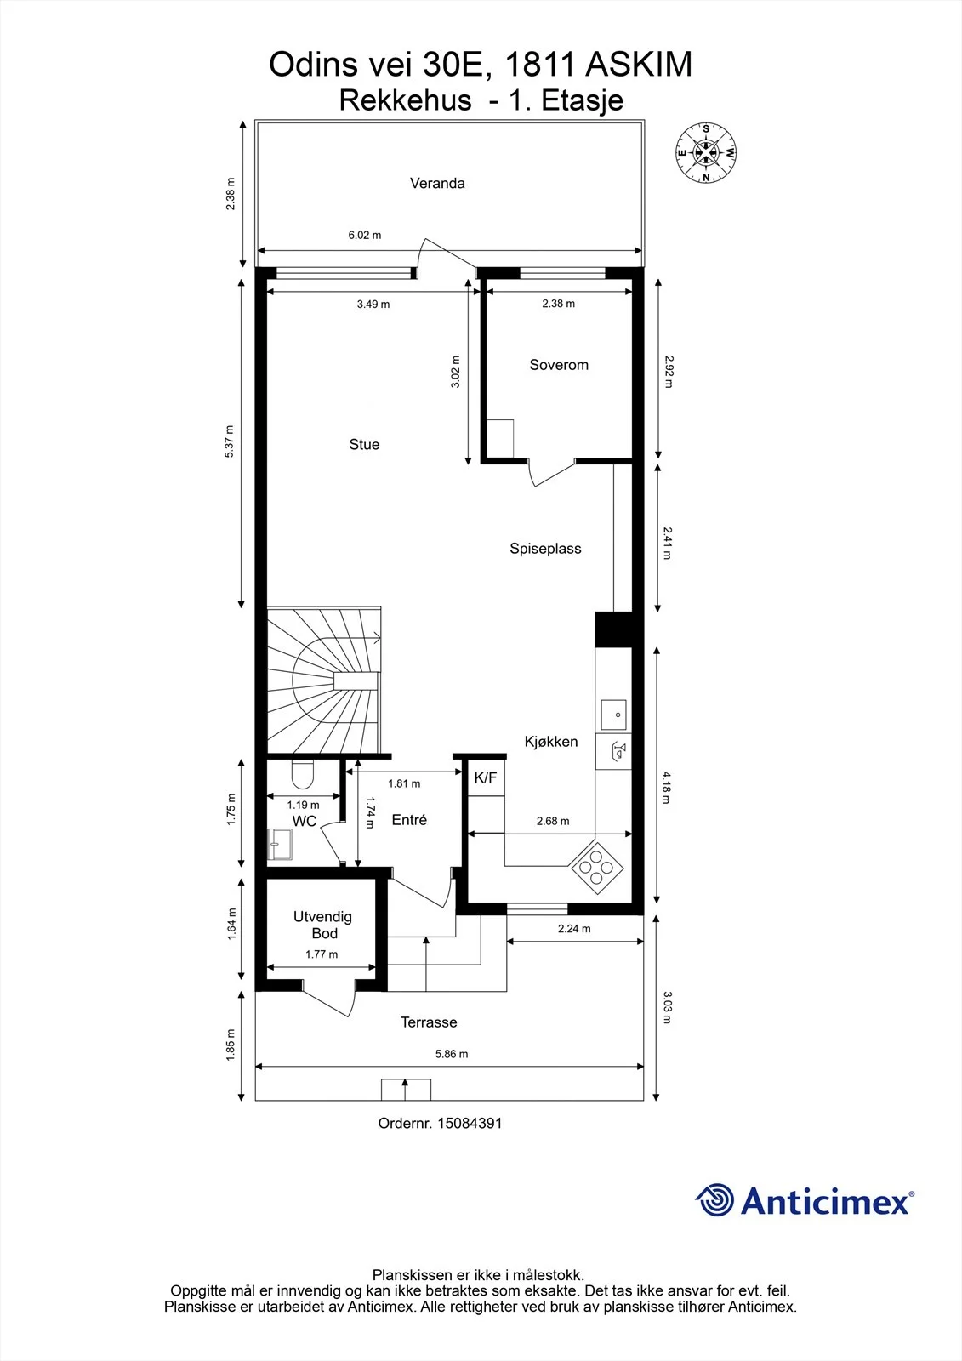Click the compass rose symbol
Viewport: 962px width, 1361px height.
(705, 153)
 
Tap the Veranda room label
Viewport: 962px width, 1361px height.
(437, 184)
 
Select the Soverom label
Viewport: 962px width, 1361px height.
(559, 365)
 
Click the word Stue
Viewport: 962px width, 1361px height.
(364, 445)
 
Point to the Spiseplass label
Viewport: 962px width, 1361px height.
(545, 549)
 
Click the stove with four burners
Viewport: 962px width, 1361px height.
(596, 868)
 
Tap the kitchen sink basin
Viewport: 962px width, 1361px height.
(613, 715)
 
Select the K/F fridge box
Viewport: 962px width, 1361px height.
(486, 777)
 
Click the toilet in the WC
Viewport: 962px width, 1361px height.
(302, 773)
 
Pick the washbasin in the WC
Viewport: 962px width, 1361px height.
(280, 844)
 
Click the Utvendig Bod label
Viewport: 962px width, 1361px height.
(322, 925)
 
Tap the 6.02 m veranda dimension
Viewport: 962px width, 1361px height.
(365, 235)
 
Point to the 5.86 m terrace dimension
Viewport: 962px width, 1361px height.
(452, 1054)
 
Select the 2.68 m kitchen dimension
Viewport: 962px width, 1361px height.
(553, 822)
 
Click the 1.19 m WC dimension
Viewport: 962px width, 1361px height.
(303, 805)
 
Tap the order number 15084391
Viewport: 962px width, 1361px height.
(470, 1124)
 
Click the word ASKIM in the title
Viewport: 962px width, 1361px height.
(639, 65)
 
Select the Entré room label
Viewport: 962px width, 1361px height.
(409, 820)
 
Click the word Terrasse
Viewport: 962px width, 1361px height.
(429, 1022)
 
